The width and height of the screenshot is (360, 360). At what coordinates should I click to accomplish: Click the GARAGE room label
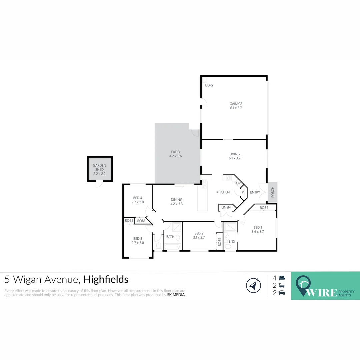coord(236,104)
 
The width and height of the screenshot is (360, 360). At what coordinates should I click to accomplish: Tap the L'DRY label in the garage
coord(209,85)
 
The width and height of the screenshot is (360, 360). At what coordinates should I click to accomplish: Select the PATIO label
coord(175,152)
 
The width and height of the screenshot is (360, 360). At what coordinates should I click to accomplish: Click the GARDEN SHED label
coord(99,167)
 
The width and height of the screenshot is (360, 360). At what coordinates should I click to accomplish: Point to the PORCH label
coord(273,192)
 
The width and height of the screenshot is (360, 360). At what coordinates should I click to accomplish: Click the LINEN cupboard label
coord(226,208)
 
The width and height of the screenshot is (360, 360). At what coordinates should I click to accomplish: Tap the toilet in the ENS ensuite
coord(228,246)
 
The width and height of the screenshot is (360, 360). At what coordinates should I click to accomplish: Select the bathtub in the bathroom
coord(171,247)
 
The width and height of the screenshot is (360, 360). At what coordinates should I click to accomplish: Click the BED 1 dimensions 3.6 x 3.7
coord(258,232)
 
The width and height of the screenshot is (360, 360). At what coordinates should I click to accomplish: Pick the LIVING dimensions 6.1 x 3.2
coord(235,158)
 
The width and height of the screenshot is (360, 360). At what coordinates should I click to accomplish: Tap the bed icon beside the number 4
coord(282,278)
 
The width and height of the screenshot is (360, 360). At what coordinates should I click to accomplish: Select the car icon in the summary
coord(282,293)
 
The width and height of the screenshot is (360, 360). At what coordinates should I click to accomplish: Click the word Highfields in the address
coord(106,279)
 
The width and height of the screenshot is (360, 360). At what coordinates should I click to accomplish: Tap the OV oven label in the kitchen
coord(238,183)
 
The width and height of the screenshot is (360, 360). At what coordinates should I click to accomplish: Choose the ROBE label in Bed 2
coord(220,242)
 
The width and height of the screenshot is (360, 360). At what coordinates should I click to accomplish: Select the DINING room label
coord(176,200)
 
